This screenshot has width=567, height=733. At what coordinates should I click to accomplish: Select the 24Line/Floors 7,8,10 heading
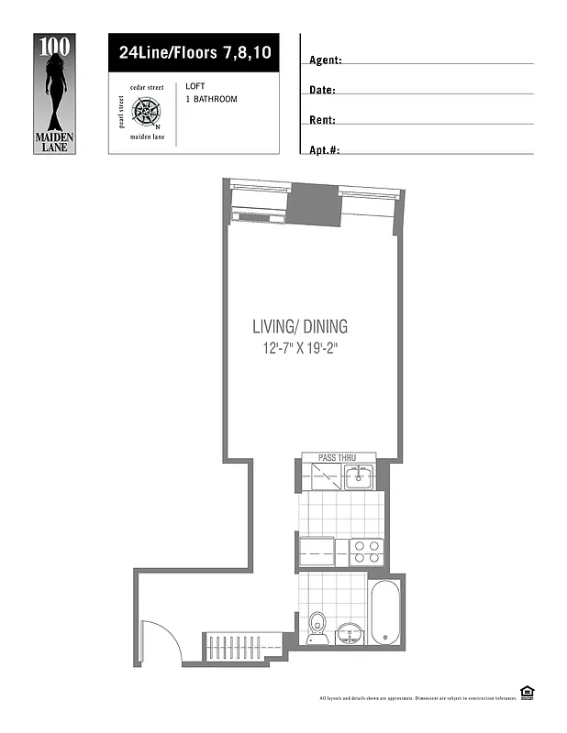(x=195, y=53)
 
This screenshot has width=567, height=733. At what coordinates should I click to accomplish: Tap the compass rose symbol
(x=147, y=111)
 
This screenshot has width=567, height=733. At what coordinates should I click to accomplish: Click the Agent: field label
(x=326, y=60)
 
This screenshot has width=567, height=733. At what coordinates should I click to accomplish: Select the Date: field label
(x=322, y=91)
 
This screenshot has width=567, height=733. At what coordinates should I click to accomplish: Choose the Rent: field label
(x=322, y=120)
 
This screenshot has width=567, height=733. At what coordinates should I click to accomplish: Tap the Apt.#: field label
(x=325, y=150)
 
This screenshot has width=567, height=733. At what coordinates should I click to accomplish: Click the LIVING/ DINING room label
(x=300, y=326)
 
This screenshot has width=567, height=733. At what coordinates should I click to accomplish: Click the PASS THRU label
(x=336, y=456)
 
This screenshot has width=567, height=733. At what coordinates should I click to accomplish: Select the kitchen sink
(x=359, y=476)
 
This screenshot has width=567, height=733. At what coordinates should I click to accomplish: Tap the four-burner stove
(x=367, y=552)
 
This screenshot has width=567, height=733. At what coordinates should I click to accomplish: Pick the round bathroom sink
(x=348, y=632)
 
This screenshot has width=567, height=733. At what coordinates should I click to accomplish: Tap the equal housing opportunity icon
(x=528, y=692)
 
